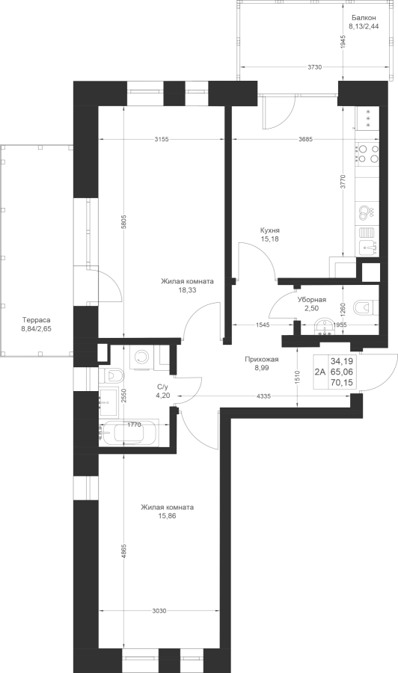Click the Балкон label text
pos(364,18)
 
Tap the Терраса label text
pos(37,320)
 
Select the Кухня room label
pos(269,230)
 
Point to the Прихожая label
pos(262,360)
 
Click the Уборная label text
pos(312,300)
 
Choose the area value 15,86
pos(167,515)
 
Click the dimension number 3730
pos(315,67)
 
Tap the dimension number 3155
pos(162,138)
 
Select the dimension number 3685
pos(305,138)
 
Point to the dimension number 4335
pos(263,396)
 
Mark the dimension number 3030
pos(159,611)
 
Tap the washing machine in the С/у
pos(141,357)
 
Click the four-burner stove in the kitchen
pos(367,153)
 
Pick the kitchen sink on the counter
pos(368,248)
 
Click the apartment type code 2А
pos(321,372)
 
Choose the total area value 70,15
pos(341,382)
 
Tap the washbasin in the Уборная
pos(325,327)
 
